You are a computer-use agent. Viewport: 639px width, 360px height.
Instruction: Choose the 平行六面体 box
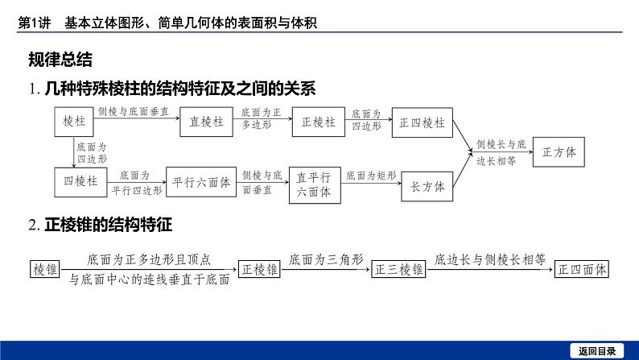201,183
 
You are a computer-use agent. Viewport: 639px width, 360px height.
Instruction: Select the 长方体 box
427,186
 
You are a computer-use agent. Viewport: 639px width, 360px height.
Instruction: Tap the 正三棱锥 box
399,270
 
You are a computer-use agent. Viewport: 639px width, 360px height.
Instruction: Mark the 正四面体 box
583,270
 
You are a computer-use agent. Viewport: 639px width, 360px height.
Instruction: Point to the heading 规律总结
60,60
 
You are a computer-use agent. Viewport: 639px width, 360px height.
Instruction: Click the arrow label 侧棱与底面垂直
133,114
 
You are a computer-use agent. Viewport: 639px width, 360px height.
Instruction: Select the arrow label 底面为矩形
372,173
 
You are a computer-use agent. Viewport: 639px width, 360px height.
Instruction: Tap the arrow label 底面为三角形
325,259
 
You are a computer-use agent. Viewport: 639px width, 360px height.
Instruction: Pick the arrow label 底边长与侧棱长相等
490,259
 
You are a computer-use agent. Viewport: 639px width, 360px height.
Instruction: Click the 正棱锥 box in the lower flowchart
259,270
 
